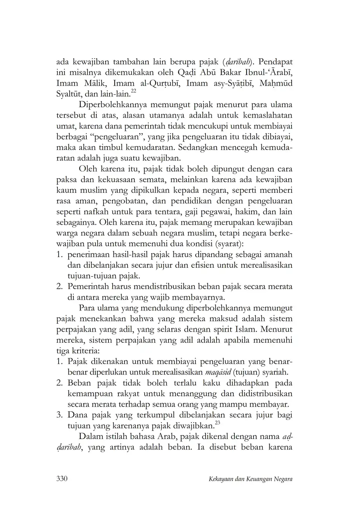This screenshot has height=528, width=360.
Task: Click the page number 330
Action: pos(62,479)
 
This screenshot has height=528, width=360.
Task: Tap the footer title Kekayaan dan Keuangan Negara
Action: pos(250,479)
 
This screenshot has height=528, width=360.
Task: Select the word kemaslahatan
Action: pos(266,115)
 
